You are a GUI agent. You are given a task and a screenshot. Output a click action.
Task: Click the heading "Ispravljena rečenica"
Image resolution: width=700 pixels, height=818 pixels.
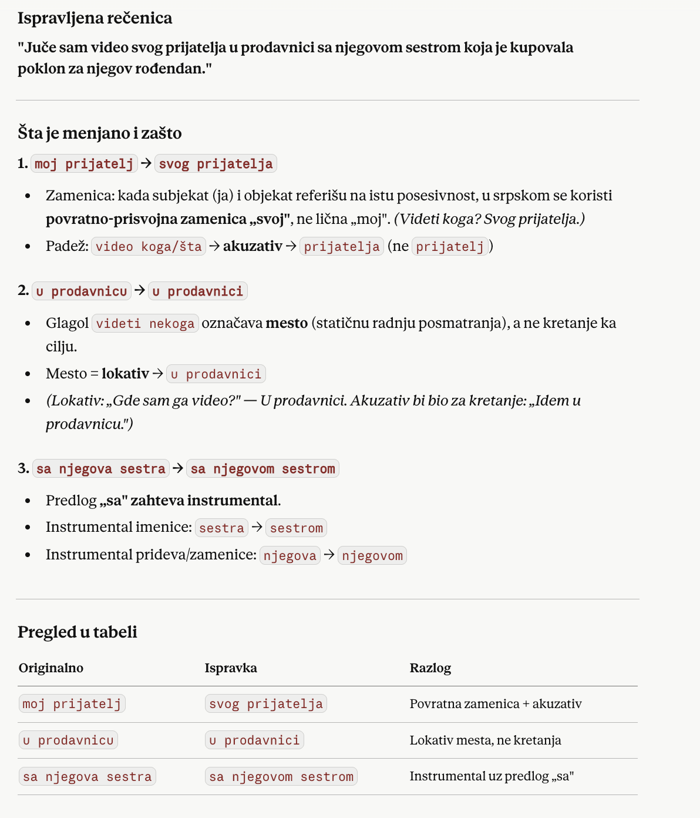pyautogui.click(x=95, y=18)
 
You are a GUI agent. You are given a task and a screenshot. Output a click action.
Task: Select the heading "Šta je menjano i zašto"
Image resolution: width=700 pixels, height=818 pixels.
pyautogui.click(x=99, y=133)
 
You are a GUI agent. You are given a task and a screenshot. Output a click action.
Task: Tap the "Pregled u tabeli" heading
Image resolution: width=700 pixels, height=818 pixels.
pyautogui.click(x=77, y=632)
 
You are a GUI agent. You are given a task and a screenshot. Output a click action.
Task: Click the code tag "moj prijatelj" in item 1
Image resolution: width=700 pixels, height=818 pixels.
pyautogui.click(x=84, y=163)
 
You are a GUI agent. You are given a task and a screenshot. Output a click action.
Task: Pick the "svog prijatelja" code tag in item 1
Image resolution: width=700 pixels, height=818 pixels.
pyautogui.click(x=216, y=163)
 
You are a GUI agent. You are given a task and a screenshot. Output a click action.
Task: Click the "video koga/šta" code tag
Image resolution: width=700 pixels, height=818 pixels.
pyautogui.click(x=149, y=246)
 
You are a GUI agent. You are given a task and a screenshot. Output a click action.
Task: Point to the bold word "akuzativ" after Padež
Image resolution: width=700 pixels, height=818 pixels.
pyautogui.click(x=253, y=246)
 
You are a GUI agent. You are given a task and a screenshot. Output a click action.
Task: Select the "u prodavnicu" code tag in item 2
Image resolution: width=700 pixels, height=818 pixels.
pyautogui.click(x=82, y=291)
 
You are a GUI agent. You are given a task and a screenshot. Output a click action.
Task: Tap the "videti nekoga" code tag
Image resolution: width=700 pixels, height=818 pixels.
pyautogui.click(x=145, y=323)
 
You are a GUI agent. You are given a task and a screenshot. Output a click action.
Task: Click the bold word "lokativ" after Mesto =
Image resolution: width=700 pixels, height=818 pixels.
pyautogui.click(x=125, y=373)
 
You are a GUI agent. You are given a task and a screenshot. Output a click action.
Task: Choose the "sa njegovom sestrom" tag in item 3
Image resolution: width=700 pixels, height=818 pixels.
pyautogui.click(x=262, y=468)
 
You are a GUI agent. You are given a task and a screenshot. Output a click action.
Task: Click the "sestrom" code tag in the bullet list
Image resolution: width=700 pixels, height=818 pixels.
pyautogui.click(x=296, y=528)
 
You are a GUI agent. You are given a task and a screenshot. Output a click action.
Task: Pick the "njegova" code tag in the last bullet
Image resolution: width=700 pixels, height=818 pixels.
pyautogui.click(x=290, y=555)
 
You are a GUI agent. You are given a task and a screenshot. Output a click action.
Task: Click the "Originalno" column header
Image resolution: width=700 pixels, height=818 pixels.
pyautogui.click(x=51, y=668)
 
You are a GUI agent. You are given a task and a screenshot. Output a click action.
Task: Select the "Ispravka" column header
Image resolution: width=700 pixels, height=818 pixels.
pyautogui.click(x=231, y=668)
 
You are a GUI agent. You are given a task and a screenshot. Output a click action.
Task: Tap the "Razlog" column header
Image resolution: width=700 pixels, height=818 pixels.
pyautogui.click(x=430, y=668)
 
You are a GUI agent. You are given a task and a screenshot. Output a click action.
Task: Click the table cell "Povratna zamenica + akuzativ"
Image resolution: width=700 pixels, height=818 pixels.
pyautogui.click(x=496, y=704)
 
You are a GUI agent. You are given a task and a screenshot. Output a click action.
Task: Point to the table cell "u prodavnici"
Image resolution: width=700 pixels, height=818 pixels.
pyautogui.click(x=254, y=740)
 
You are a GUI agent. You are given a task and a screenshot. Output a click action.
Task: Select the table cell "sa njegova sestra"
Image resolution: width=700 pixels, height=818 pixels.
pyautogui.click(x=87, y=776)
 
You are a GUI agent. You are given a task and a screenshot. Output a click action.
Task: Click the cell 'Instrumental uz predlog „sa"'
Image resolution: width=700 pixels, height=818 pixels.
pyautogui.click(x=492, y=776)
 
